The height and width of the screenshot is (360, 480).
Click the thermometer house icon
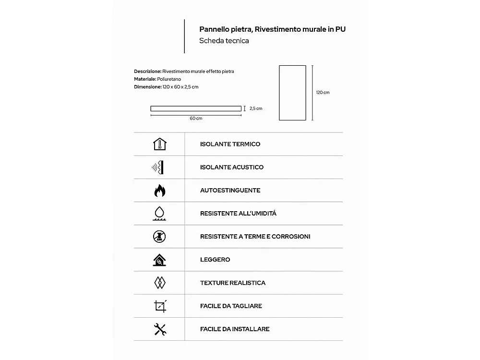(159, 144)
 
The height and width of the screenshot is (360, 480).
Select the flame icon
(159, 191)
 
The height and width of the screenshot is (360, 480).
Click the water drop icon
(159, 213)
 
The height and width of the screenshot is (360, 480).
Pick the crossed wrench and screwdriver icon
(159, 329)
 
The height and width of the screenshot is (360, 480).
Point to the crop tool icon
(160, 306)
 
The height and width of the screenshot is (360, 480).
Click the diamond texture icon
(159, 283)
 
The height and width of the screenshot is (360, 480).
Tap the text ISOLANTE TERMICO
(230, 144)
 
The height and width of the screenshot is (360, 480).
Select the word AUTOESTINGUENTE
(230, 191)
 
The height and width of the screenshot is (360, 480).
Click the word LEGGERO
(215, 260)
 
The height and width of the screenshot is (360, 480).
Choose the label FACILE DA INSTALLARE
(235, 329)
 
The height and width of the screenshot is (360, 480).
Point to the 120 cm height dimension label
(323, 93)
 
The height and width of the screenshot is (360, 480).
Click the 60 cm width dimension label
(196, 119)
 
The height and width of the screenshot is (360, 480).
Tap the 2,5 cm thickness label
(256, 108)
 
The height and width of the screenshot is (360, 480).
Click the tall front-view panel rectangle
(292, 93)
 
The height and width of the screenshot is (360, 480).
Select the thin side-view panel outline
(196, 108)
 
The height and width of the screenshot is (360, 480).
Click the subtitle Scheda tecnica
(224, 41)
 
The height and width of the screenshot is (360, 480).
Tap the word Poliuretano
(168, 79)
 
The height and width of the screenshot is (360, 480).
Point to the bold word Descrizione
(147, 72)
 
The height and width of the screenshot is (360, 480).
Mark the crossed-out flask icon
(159, 237)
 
